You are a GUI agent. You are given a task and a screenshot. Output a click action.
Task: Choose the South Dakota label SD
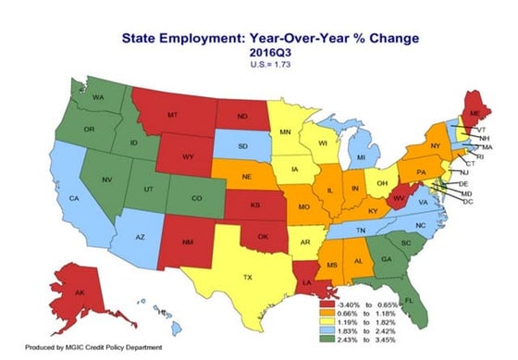coord(242,146)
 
